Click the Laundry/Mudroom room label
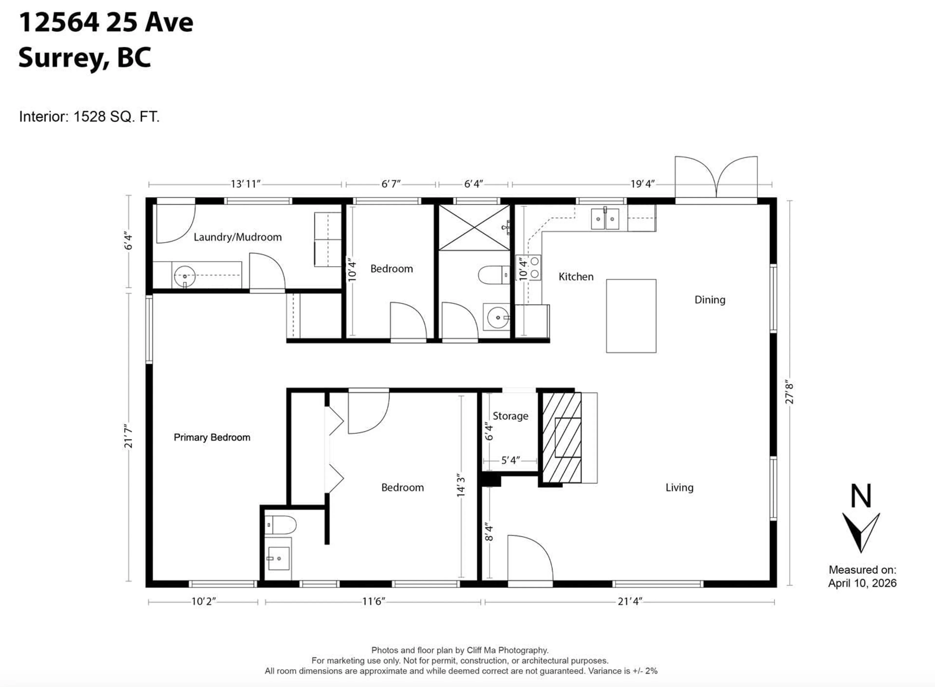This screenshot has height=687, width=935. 237,237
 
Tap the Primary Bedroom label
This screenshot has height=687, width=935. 212,437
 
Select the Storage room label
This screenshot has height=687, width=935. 510,416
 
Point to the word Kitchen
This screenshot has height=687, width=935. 576,277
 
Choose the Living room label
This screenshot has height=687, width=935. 679,487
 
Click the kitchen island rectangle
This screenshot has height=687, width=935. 631,316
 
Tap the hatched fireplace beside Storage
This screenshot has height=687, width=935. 562,438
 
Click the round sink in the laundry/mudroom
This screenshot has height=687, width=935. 185,276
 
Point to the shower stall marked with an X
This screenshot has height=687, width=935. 474,228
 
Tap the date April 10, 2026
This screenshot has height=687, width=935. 862,583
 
